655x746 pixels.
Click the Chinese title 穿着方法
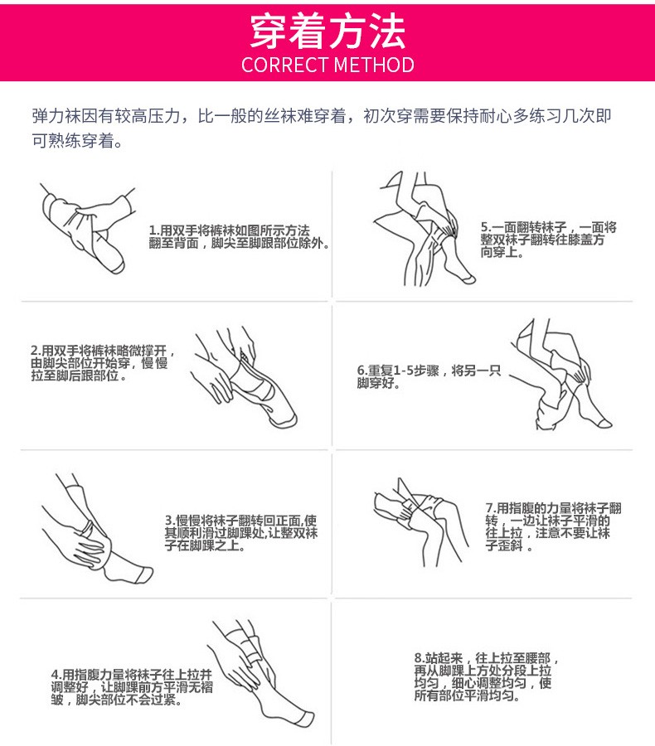(327, 31)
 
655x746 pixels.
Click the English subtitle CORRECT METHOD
(327, 65)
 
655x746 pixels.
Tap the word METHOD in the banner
(374, 65)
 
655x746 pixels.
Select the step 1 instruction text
(239, 237)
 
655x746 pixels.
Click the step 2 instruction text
(103, 363)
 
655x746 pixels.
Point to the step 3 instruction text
(241, 533)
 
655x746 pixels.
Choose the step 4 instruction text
(132, 687)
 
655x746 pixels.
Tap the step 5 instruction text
(548, 240)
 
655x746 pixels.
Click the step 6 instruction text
(429, 376)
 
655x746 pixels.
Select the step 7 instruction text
(554, 526)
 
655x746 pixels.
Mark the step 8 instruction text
(486, 676)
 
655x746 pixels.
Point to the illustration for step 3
(97, 528)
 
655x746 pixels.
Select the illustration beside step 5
(425, 230)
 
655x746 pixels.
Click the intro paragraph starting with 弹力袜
(322, 128)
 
